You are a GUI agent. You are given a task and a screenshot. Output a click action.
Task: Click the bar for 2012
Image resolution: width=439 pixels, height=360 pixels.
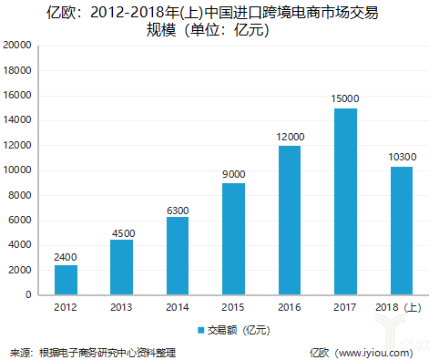(x=66, y=280)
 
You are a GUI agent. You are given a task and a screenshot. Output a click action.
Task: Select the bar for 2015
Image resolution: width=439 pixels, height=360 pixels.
(x=233, y=239)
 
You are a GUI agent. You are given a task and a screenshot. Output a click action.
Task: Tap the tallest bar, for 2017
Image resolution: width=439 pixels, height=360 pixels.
(x=345, y=201)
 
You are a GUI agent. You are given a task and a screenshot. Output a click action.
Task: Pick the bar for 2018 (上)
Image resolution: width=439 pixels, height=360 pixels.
(x=401, y=231)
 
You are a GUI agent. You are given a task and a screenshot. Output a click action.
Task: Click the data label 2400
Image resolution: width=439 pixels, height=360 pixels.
(x=66, y=257)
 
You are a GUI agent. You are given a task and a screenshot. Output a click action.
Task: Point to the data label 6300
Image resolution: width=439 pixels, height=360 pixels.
(x=178, y=209)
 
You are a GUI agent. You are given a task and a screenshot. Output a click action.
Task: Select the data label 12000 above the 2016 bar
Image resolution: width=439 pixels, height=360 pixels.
(x=290, y=137)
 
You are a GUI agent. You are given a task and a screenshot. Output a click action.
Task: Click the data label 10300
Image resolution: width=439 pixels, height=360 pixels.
(x=401, y=158)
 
